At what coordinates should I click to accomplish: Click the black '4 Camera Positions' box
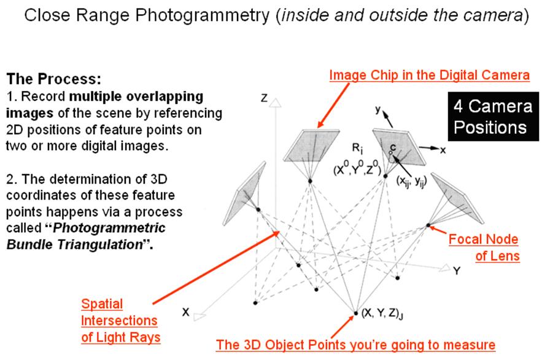[x=493, y=117]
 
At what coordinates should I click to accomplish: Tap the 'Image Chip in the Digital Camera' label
[x=429, y=75]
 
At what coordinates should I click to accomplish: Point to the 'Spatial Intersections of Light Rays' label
[x=120, y=320]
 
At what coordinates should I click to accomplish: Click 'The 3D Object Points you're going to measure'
[x=355, y=345]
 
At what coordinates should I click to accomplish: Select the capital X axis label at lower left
[x=185, y=312]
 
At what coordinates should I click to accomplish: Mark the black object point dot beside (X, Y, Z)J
[x=356, y=313]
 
